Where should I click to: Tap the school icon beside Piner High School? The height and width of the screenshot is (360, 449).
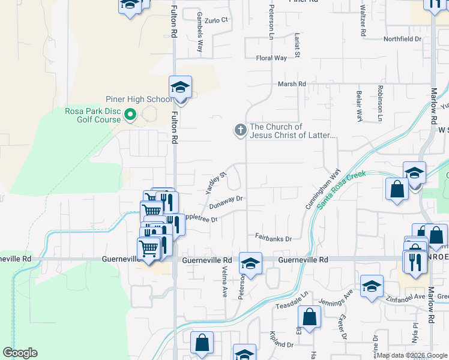[x=180, y=88]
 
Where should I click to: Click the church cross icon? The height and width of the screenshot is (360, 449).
[x=240, y=130]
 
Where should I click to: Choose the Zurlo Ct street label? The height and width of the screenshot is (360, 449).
[x=217, y=20]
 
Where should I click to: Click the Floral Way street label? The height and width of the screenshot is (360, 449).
[x=271, y=58]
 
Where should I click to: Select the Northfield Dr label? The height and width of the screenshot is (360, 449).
[x=403, y=39]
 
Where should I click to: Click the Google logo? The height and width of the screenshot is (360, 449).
[x=20, y=353]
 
